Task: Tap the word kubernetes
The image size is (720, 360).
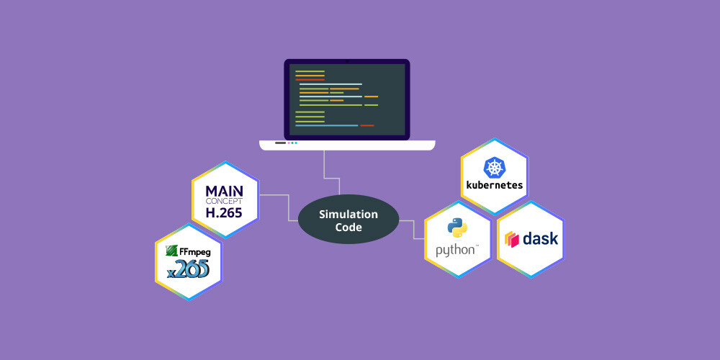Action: (x=495, y=186)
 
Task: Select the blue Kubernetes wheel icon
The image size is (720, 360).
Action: (x=495, y=168)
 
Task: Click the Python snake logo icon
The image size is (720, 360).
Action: (x=457, y=228)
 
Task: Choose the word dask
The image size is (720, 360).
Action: (x=541, y=238)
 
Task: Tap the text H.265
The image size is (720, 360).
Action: (x=224, y=213)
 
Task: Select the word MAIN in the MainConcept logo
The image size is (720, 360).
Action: (x=225, y=191)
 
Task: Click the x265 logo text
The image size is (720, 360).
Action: (x=188, y=269)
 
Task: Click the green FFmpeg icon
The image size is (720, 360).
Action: (x=172, y=251)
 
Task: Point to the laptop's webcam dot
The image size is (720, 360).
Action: (x=347, y=61)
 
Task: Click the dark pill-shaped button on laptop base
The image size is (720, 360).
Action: (x=280, y=143)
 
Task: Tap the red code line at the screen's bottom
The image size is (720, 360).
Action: (x=367, y=125)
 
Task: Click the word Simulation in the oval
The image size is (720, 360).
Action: (x=348, y=215)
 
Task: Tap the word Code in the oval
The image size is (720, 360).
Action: (x=348, y=228)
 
